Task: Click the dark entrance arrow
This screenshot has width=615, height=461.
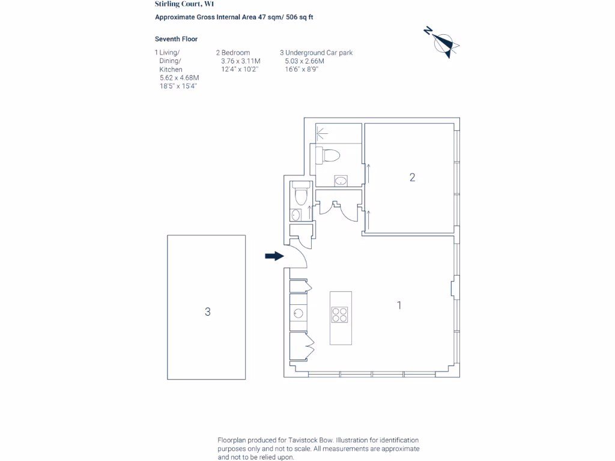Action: tap(274, 256)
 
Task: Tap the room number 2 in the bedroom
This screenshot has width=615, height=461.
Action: tap(412, 178)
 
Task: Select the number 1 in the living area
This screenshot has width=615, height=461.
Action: tap(399, 306)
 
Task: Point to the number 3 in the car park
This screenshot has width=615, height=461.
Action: tap(207, 312)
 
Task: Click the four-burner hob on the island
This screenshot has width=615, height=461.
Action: tap(340, 315)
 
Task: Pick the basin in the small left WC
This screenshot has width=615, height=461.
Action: tap(296, 214)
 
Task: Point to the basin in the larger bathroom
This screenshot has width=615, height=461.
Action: tap(341, 179)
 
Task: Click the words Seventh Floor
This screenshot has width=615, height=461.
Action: tap(176, 39)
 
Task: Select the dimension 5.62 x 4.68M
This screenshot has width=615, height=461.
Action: tap(179, 78)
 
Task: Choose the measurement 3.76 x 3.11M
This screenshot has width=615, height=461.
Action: tap(241, 61)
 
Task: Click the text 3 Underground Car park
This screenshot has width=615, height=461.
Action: tap(316, 53)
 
